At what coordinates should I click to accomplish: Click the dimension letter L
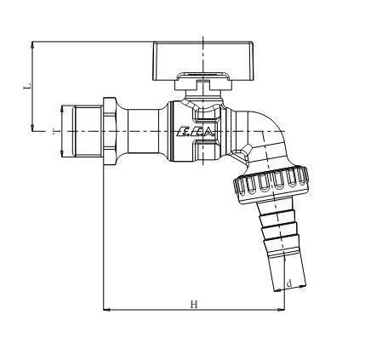coord(26,86)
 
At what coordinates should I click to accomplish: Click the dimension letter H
coord(194,305)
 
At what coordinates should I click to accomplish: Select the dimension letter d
coord(289,283)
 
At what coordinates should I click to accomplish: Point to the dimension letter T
coord(55,131)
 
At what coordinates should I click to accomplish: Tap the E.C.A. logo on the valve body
coord(195,132)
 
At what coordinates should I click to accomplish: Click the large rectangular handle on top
coord(203,60)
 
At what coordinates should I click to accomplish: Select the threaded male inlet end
coord(87,131)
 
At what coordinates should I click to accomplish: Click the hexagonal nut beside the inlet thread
coord(110,131)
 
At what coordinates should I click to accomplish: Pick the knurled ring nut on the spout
coord(271,185)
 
